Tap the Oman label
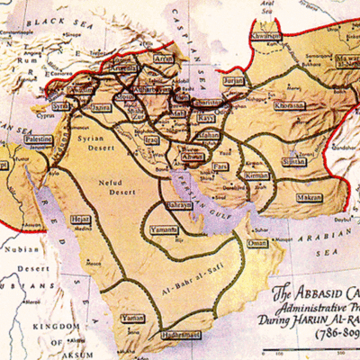pos(257,243)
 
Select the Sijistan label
pos(293,162)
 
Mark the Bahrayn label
pos(177,206)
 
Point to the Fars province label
pos(220,166)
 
